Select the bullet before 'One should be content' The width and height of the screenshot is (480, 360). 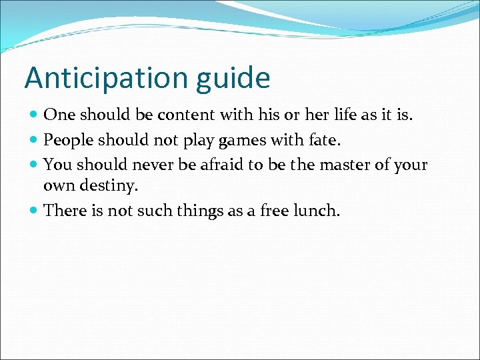click(34, 115)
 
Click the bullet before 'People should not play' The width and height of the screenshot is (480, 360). click(34, 140)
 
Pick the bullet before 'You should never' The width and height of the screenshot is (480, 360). click(34, 165)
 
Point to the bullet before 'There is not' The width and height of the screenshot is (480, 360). click(34, 211)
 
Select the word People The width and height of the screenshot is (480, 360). click(69, 140)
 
